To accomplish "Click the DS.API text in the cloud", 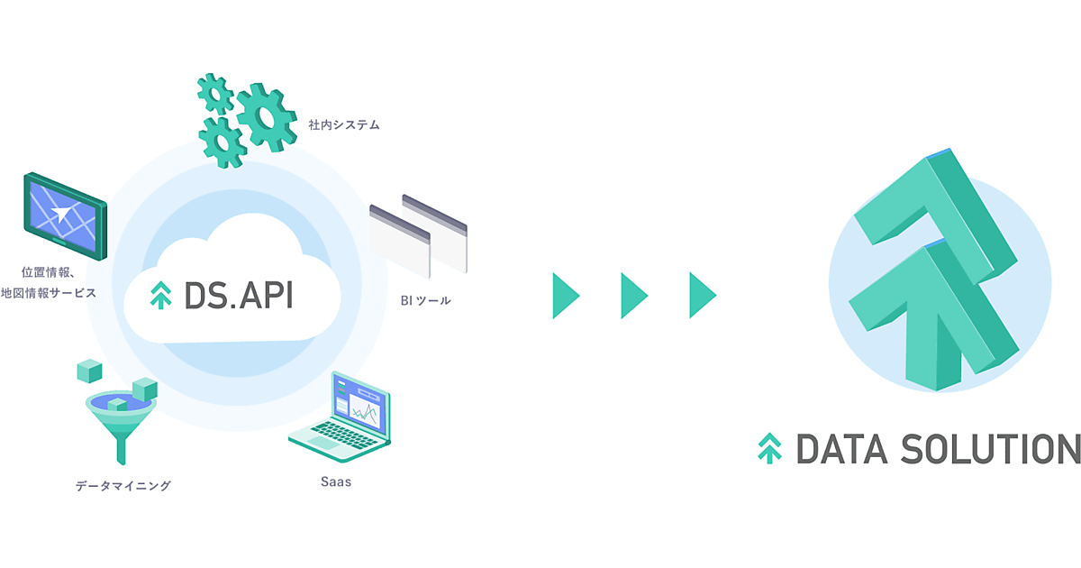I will [238, 295].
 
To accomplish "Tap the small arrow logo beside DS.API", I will [160, 296].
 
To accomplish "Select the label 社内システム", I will [344, 125].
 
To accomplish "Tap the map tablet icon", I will [64, 212].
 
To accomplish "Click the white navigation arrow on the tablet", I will [60, 214].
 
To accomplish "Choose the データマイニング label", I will [123, 486].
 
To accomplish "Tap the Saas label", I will [336, 481].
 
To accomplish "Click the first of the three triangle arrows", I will [565, 294].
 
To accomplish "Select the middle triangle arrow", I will [633, 294].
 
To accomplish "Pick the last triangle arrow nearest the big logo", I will [702, 294].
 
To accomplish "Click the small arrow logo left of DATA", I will [769, 448].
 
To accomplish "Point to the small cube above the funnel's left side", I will [89, 370].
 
